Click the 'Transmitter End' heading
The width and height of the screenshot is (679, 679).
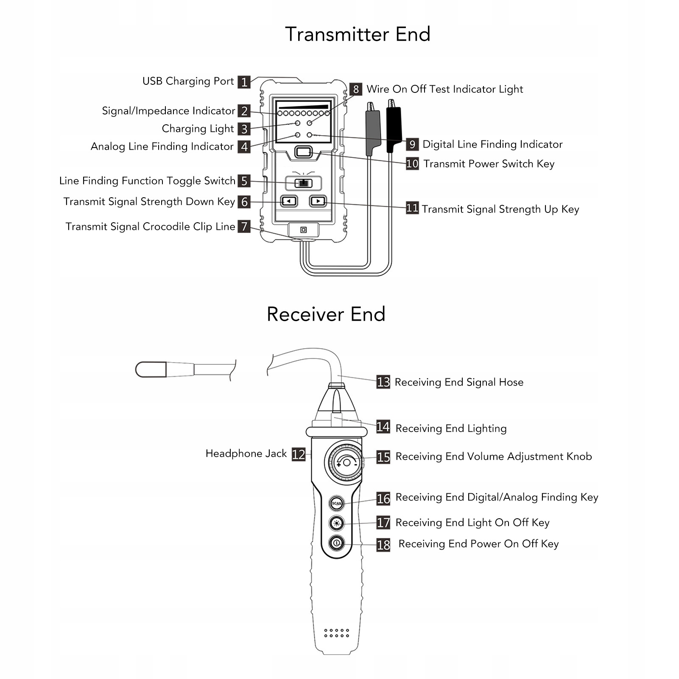pyautogui.click(x=358, y=34)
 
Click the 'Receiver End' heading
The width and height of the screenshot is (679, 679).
pyautogui.click(x=326, y=314)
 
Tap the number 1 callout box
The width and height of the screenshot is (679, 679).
pyautogui.click(x=244, y=82)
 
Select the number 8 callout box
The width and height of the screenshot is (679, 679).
pyautogui.click(x=356, y=89)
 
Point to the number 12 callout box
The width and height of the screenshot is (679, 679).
pyautogui.click(x=299, y=454)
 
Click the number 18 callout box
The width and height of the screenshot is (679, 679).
pyautogui.click(x=383, y=545)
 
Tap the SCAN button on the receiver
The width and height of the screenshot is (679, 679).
pyautogui.click(x=337, y=503)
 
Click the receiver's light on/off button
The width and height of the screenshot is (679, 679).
pyautogui.click(x=337, y=523)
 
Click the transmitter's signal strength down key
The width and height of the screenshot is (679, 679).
pyautogui.click(x=289, y=201)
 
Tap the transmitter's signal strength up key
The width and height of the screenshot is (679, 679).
pyautogui.click(x=318, y=201)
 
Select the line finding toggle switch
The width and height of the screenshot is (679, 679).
pyautogui.click(x=303, y=183)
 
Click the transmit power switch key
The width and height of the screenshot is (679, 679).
pyautogui.click(x=303, y=152)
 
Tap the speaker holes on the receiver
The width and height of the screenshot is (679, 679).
pyautogui.click(x=336, y=633)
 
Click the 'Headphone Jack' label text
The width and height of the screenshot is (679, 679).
pyautogui.click(x=246, y=454)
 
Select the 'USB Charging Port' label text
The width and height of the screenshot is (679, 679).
pyautogui.click(x=188, y=81)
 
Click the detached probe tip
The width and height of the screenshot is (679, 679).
pyautogui.click(x=151, y=369)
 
